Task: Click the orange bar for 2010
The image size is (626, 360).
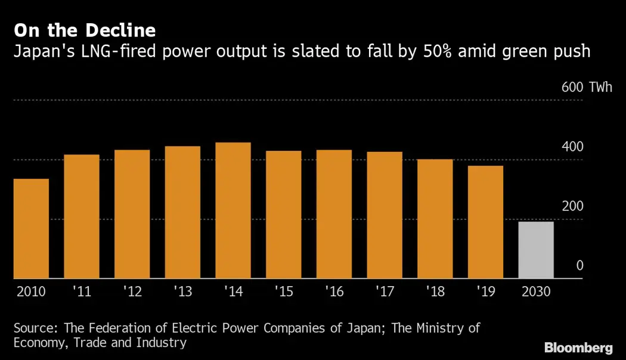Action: (x=31, y=229)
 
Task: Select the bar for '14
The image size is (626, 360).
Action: (x=233, y=210)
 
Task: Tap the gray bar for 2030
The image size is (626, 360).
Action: (x=536, y=250)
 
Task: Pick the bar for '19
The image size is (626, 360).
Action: (x=485, y=222)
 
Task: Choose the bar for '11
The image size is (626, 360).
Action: (x=82, y=216)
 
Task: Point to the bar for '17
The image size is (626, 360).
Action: (x=385, y=215)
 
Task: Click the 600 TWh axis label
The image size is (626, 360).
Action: (x=586, y=88)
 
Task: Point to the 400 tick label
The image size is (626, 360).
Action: (x=572, y=147)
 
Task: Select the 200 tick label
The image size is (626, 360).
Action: (x=572, y=206)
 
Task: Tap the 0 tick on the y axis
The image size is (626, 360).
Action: (x=579, y=266)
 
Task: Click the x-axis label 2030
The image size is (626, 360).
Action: (x=536, y=293)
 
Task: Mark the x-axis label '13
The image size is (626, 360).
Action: (x=182, y=293)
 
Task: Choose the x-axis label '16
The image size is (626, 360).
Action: (x=334, y=293)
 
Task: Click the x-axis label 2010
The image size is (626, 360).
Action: (x=31, y=293)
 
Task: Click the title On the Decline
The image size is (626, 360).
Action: (x=85, y=30)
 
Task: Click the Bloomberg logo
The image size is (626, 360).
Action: (x=578, y=347)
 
